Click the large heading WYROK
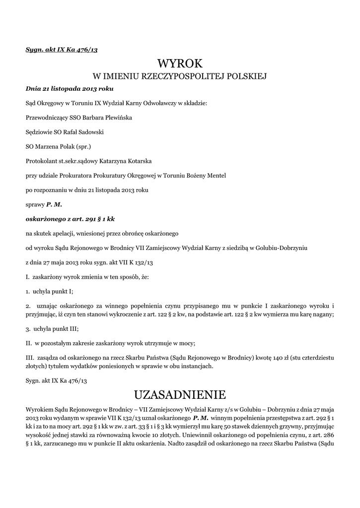pos(180,63)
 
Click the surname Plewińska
pos(118,118)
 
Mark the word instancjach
pos(197,367)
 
